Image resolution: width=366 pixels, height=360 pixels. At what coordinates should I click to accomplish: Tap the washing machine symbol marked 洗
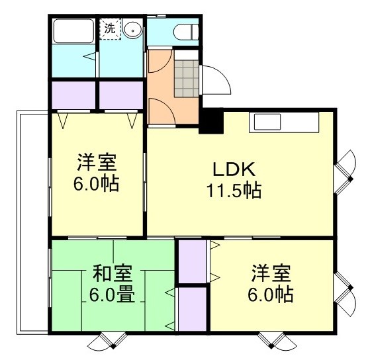[109, 29]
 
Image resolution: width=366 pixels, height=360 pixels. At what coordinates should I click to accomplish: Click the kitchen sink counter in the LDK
[267, 122]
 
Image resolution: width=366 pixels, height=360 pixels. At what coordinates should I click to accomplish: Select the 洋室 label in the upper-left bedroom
[97, 162]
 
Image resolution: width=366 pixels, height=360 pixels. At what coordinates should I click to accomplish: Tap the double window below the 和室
[106, 340]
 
